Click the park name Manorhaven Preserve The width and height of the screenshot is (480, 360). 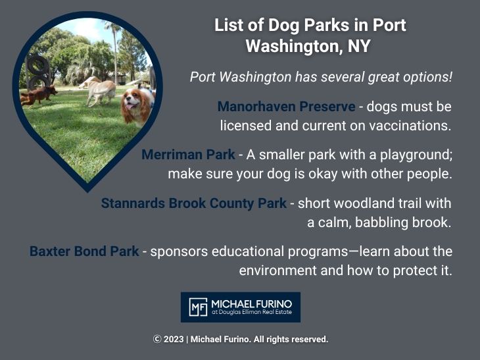click(286, 107)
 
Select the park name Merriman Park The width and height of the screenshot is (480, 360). click(188, 155)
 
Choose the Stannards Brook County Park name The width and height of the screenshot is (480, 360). click(193, 203)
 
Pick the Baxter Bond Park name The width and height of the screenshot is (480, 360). click(84, 251)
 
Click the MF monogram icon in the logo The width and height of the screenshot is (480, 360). click(197, 307)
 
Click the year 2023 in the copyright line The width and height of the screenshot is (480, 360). click(174, 340)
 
